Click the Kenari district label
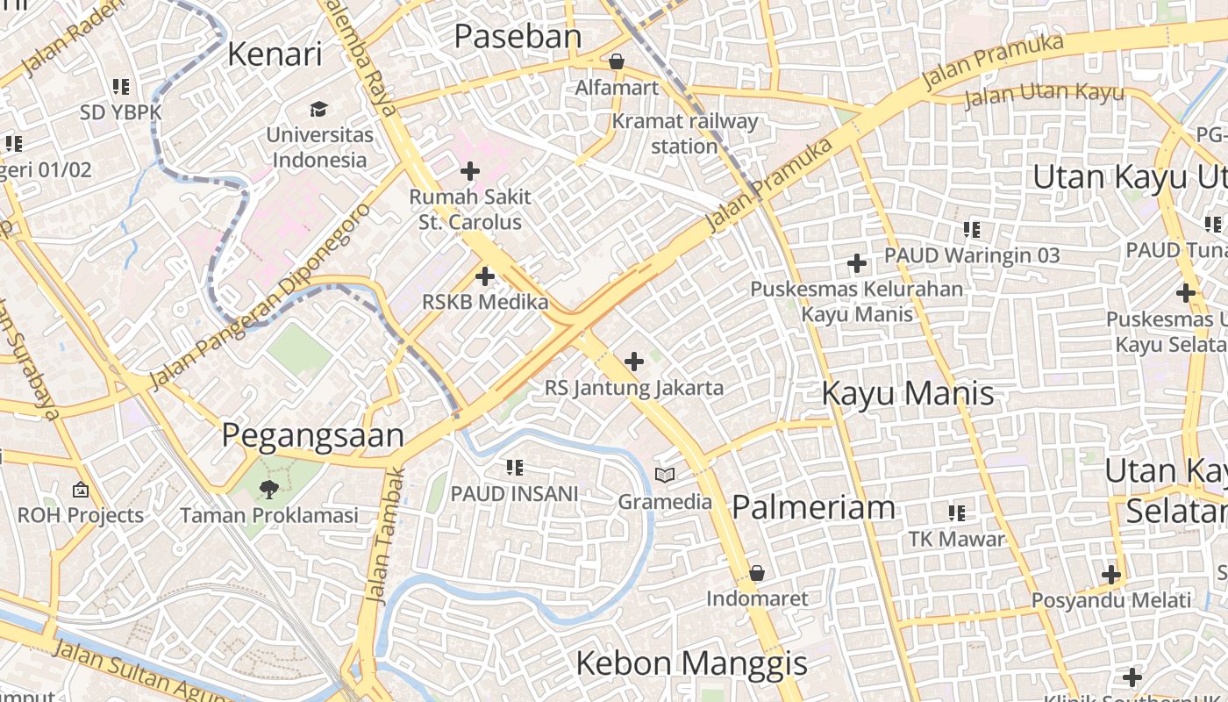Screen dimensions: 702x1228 click(x=275, y=54)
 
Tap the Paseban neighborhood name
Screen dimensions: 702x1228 click(x=518, y=36)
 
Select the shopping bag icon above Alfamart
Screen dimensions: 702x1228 click(x=617, y=61)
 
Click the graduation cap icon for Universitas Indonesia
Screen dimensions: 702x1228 click(x=318, y=109)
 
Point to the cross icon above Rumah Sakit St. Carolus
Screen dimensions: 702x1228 click(x=470, y=170)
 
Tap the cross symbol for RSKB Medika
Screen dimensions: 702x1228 click(x=484, y=276)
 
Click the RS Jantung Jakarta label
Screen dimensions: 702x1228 click(x=634, y=387)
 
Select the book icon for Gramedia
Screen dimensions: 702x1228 click(x=666, y=476)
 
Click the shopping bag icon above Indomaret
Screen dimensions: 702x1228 click(x=757, y=574)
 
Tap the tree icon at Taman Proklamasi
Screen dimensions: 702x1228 click(x=268, y=489)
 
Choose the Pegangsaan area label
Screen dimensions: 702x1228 click(x=312, y=435)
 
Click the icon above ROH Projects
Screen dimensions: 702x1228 click(x=81, y=490)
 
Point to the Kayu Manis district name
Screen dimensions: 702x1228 click(x=908, y=393)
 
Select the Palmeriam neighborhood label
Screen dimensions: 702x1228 click(x=813, y=506)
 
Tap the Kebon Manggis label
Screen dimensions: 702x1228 click(x=691, y=663)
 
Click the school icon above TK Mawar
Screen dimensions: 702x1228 click(x=956, y=512)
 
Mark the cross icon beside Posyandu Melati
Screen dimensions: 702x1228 click(x=1111, y=576)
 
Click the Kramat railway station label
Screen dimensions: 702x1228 click(x=684, y=133)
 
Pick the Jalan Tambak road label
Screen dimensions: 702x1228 click(x=386, y=535)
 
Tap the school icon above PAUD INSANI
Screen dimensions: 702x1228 click(x=515, y=468)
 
